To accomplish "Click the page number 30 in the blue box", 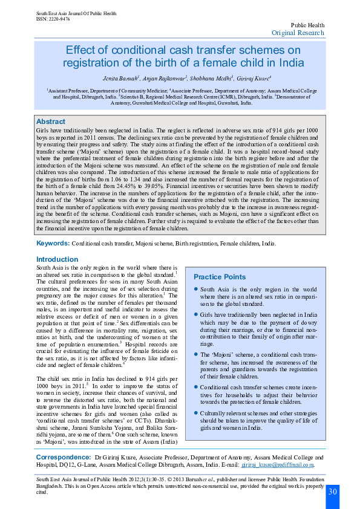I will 333,491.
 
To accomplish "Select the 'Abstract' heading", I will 51,122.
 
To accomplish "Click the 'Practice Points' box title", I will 219,276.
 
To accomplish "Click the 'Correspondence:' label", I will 64,458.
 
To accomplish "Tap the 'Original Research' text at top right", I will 298,33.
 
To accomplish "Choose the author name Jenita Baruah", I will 121,79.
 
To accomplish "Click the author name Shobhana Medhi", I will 209,79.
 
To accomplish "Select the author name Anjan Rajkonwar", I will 163,79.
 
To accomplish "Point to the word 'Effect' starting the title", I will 78,50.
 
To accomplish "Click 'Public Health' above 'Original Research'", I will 308,25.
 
